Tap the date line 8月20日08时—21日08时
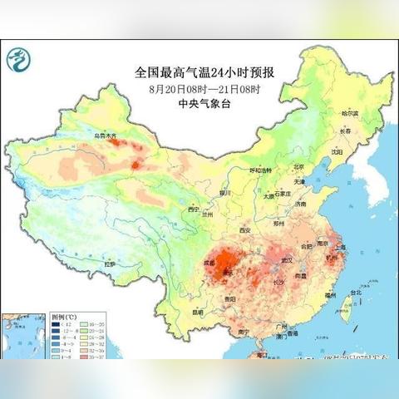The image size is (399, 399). point(199,88)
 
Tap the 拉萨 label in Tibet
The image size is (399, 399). point(108,264)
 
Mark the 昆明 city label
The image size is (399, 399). point(197,312)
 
